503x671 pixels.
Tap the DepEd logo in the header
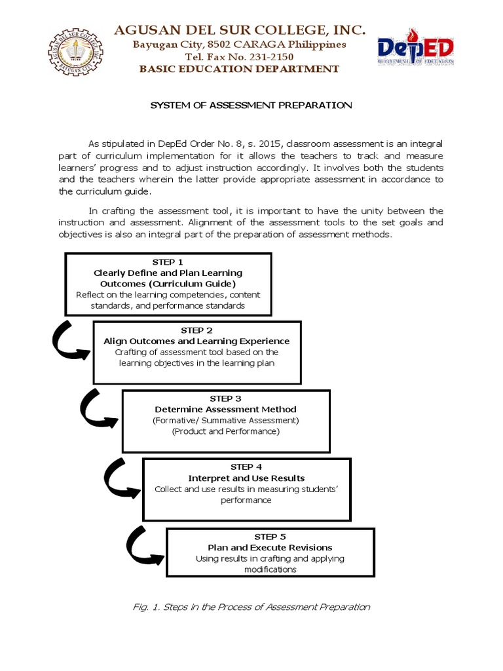(x=416, y=48)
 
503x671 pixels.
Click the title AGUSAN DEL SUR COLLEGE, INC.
(x=240, y=29)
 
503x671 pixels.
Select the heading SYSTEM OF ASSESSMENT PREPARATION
(x=251, y=105)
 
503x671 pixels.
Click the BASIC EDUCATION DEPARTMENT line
(x=240, y=69)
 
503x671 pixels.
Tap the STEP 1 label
(x=168, y=261)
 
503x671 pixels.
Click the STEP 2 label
(x=196, y=330)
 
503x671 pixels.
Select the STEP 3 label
(x=225, y=398)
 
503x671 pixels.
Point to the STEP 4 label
(x=246, y=467)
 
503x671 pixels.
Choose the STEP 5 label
(x=270, y=536)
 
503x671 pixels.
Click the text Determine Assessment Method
(x=225, y=410)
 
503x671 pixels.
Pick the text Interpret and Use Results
(x=246, y=478)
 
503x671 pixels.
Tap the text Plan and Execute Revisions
(x=270, y=547)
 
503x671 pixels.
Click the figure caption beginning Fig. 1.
(x=251, y=607)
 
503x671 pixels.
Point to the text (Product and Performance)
(x=225, y=431)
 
